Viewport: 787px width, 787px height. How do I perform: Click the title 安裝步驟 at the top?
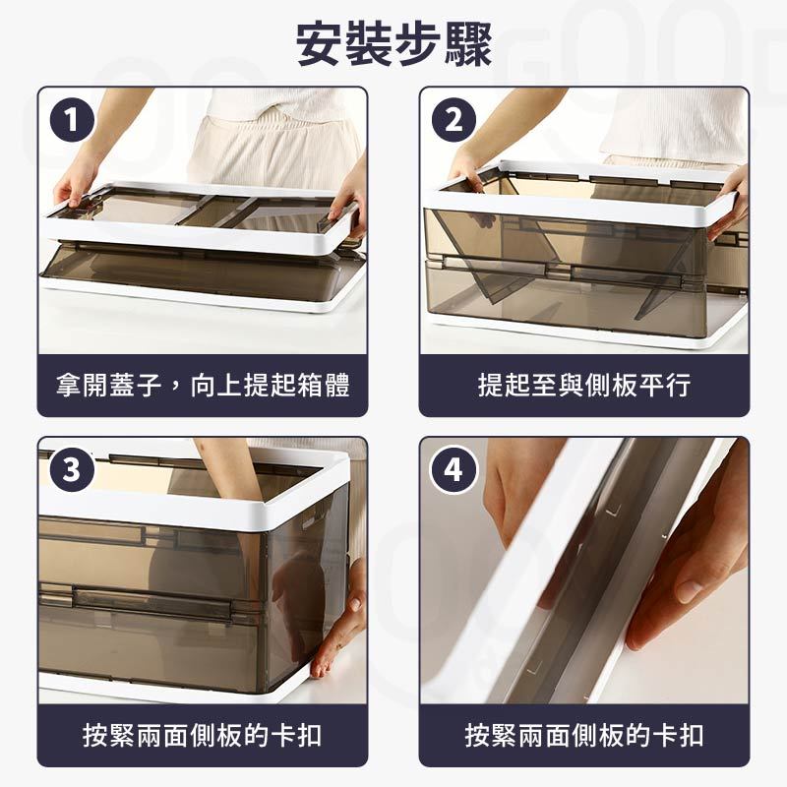393,44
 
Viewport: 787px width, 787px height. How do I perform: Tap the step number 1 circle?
72,120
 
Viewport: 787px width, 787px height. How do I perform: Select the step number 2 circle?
454,120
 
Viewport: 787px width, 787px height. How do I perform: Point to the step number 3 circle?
72,470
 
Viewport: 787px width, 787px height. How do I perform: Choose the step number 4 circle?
454,470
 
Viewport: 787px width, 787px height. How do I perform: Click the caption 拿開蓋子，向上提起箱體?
203,386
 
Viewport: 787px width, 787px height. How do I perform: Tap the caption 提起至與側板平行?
584,386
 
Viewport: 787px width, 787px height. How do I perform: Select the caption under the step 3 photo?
203,736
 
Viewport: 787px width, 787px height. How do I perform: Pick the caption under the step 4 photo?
584,736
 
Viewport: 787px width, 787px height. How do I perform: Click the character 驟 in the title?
468,44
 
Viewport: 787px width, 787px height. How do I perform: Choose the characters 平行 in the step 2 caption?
665,386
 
